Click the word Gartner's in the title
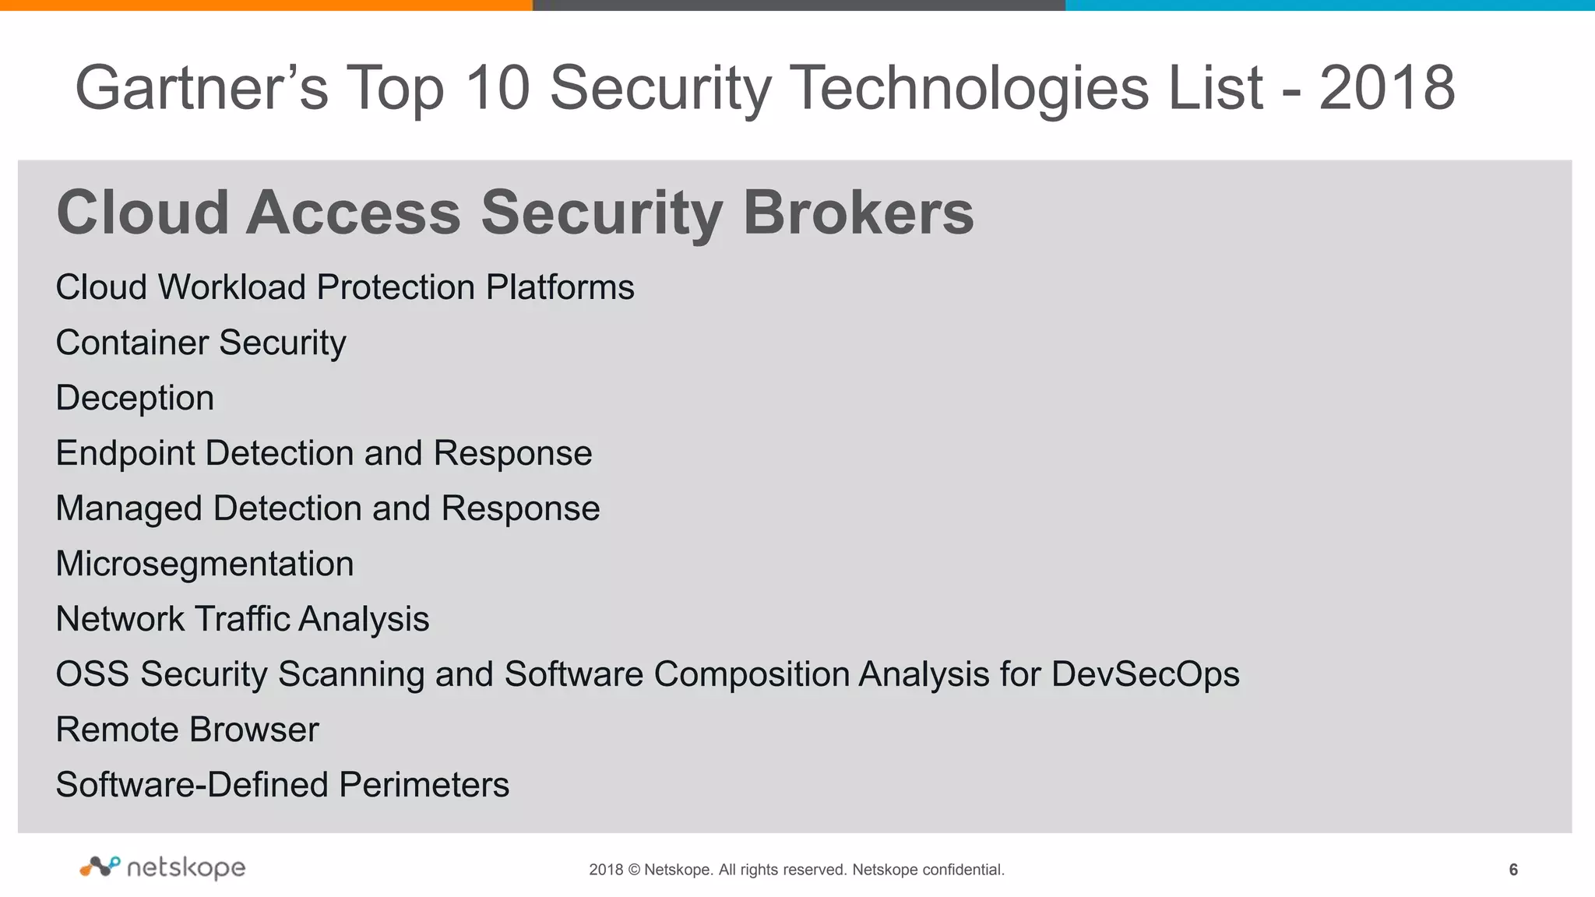pyautogui.click(x=201, y=88)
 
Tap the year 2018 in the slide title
pyautogui.click(x=1386, y=88)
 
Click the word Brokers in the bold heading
pyautogui.click(x=858, y=213)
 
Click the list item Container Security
pyautogui.click(x=201, y=343)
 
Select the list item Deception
pyautogui.click(x=135, y=398)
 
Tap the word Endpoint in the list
pyautogui.click(x=125, y=453)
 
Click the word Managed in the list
pyautogui.click(x=129, y=509)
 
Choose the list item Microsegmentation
pyautogui.click(x=205, y=564)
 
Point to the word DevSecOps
pyautogui.click(x=1145, y=674)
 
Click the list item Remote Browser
pyautogui.click(x=188, y=730)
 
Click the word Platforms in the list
pyautogui.click(x=560, y=287)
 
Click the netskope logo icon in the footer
pyautogui.click(x=100, y=866)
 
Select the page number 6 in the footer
pyautogui.click(x=1513, y=870)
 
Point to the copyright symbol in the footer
pyautogui.click(x=633, y=870)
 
